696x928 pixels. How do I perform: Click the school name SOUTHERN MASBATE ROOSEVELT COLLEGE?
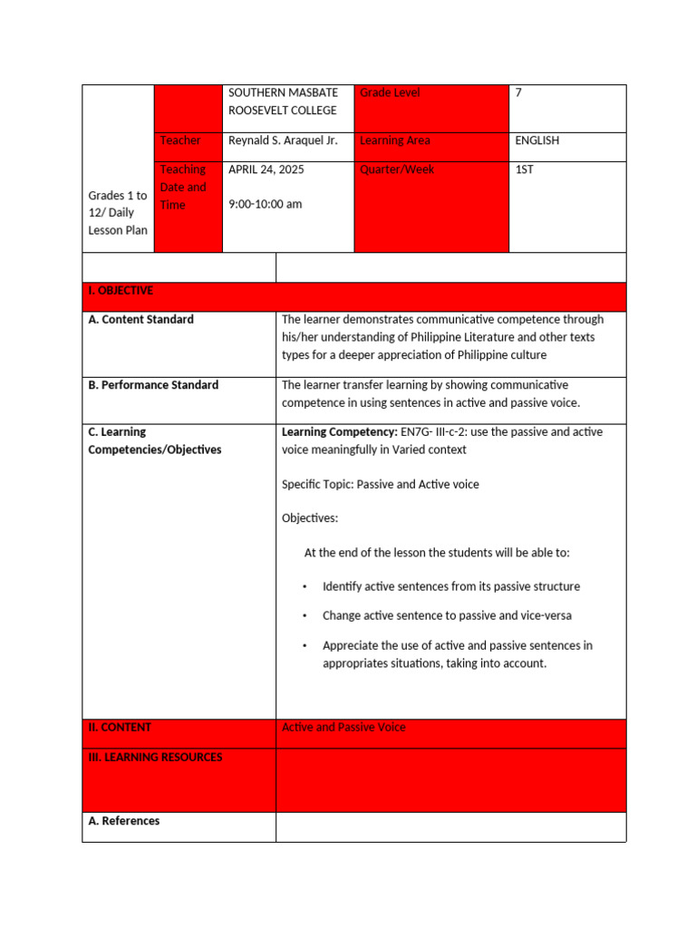click(283, 101)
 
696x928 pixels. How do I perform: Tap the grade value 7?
click(518, 92)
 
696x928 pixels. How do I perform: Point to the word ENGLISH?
click(536, 140)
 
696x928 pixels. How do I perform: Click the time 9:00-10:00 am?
click(266, 204)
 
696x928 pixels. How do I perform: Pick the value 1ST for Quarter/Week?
click(524, 169)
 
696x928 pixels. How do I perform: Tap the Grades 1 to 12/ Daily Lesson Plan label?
click(118, 213)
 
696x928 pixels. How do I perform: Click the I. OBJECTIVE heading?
click(121, 291)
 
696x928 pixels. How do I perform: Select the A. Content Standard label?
click(140, 319)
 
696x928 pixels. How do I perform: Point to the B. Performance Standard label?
click(153, 385)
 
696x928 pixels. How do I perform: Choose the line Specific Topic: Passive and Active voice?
click(381, 484)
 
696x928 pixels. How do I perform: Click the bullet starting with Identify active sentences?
click(450, 586)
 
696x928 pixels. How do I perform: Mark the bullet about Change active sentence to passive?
click(447, 615)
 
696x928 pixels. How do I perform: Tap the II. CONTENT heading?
click(120, 727)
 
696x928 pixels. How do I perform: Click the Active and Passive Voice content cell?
click(343, 727)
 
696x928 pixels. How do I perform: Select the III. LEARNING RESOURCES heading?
click(155, 757)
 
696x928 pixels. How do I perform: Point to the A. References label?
click(124, 821)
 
